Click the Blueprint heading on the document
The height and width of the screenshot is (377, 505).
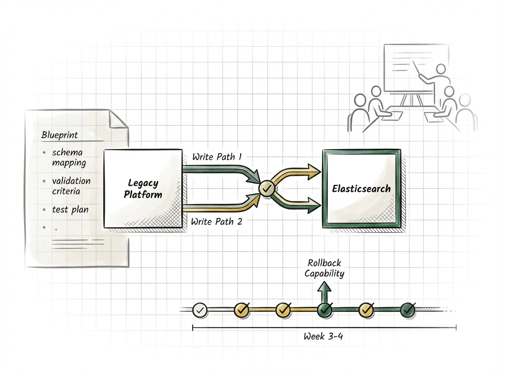pyautogui.click(x=60, y=135)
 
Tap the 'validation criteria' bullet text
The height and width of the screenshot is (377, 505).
pyautogui.click(x=71, y=186)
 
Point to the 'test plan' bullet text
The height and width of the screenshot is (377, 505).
pyautogui.click(x=70, y=209)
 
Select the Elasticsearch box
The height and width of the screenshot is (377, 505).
pyautogui.click(x=361, y=188)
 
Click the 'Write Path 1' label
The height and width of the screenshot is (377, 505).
pyautogui.click(x=217, y=157)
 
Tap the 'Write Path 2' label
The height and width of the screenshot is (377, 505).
pyautogui.click(x=216, y=221)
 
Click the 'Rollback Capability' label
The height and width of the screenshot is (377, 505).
pyautogui.click(x=324, y=268)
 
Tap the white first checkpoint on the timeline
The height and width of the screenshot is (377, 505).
pyautogui.click(x=199, y=310)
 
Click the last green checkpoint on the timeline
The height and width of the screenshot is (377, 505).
pyautogui.click(x=407, y=310)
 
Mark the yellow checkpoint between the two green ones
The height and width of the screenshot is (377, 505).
pyautogui.click(x=366, y=310)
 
